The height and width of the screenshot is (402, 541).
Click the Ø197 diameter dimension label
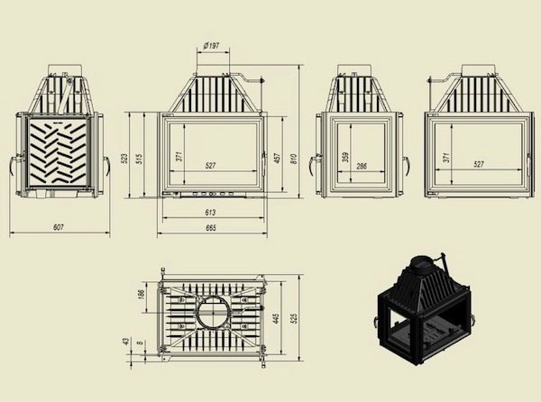coord(211,45)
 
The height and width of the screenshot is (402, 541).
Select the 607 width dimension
coord(59,227)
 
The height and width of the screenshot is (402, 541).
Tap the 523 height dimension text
coord(125,159)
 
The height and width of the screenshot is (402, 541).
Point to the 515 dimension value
coord(139,159)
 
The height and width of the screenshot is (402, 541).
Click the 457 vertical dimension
coord(276,159)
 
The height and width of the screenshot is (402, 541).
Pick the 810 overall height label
coord(294,159)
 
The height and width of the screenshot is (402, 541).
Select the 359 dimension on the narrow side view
coord(346,157)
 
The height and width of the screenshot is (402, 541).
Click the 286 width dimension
coord(362,166)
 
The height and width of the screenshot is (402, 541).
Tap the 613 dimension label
coord(210,213)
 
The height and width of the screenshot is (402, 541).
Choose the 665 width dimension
coord(210,227)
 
